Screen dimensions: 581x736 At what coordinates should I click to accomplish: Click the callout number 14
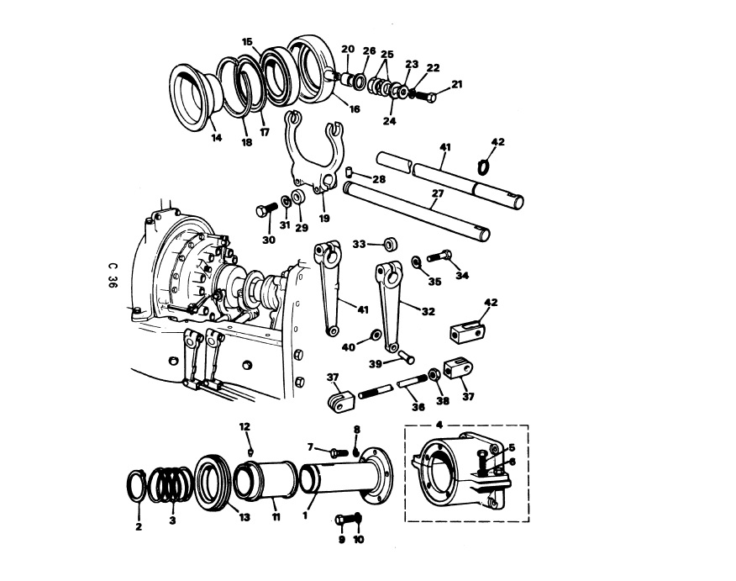[216, 138]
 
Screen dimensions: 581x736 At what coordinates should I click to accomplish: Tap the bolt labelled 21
[424, 97]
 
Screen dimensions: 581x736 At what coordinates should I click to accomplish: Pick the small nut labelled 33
[390, 245]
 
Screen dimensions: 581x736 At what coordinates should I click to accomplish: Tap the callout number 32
[428, 310]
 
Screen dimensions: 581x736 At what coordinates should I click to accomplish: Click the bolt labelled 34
[439, 256]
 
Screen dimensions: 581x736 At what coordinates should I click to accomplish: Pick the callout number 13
[244, 518]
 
